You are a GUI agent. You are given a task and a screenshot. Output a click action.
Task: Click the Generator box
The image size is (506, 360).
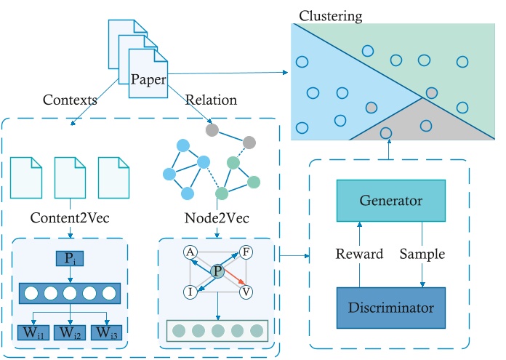tap(391, 200)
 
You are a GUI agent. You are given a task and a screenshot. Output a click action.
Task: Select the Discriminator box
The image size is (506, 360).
tap(391, 306)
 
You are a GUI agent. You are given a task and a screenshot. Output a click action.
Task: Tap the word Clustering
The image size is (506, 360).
tap(331, 15)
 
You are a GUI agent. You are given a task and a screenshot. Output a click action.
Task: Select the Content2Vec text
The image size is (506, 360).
tap(70, 217)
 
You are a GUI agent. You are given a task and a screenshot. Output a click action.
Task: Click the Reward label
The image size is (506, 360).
tap(358, 254)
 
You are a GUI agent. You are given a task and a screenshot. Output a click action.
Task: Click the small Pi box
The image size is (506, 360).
tap(70, 258)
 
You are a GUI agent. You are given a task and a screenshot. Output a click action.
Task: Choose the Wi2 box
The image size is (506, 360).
tap(71, 334)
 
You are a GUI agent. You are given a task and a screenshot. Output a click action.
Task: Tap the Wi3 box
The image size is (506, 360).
tap(105, 334)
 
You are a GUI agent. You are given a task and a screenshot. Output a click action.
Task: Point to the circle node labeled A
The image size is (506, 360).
tap(190, 252)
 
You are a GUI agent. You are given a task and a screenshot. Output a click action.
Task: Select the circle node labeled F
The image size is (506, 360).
tap(246, 252)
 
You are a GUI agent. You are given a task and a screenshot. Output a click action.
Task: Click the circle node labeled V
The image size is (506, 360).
tap(246, 291)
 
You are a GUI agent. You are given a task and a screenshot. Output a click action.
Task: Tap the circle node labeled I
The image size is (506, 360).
tap(190, 291)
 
